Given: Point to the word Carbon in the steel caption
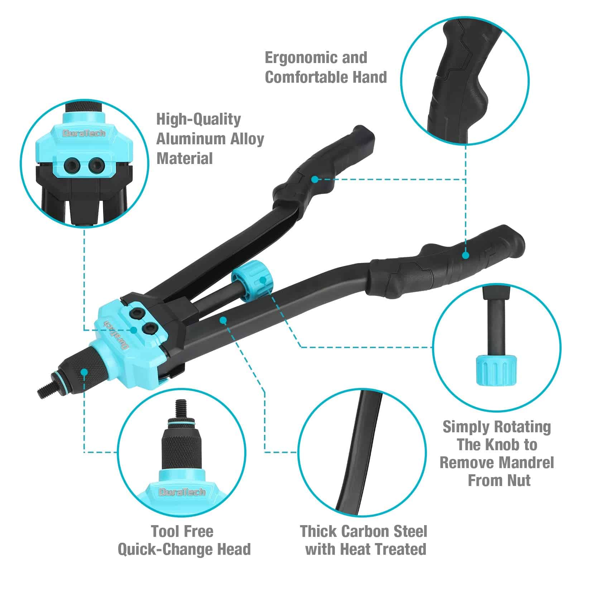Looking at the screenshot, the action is (365, 532).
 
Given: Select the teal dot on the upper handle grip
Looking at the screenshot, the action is (314, 179).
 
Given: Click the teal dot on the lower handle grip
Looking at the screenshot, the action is (465, 255).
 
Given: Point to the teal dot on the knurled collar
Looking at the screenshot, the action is (84, 372).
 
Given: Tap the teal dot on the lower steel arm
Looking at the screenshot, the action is (223, 319).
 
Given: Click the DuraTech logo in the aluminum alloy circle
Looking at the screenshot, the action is (84, 134).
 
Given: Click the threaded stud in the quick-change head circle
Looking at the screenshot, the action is (180, 408).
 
